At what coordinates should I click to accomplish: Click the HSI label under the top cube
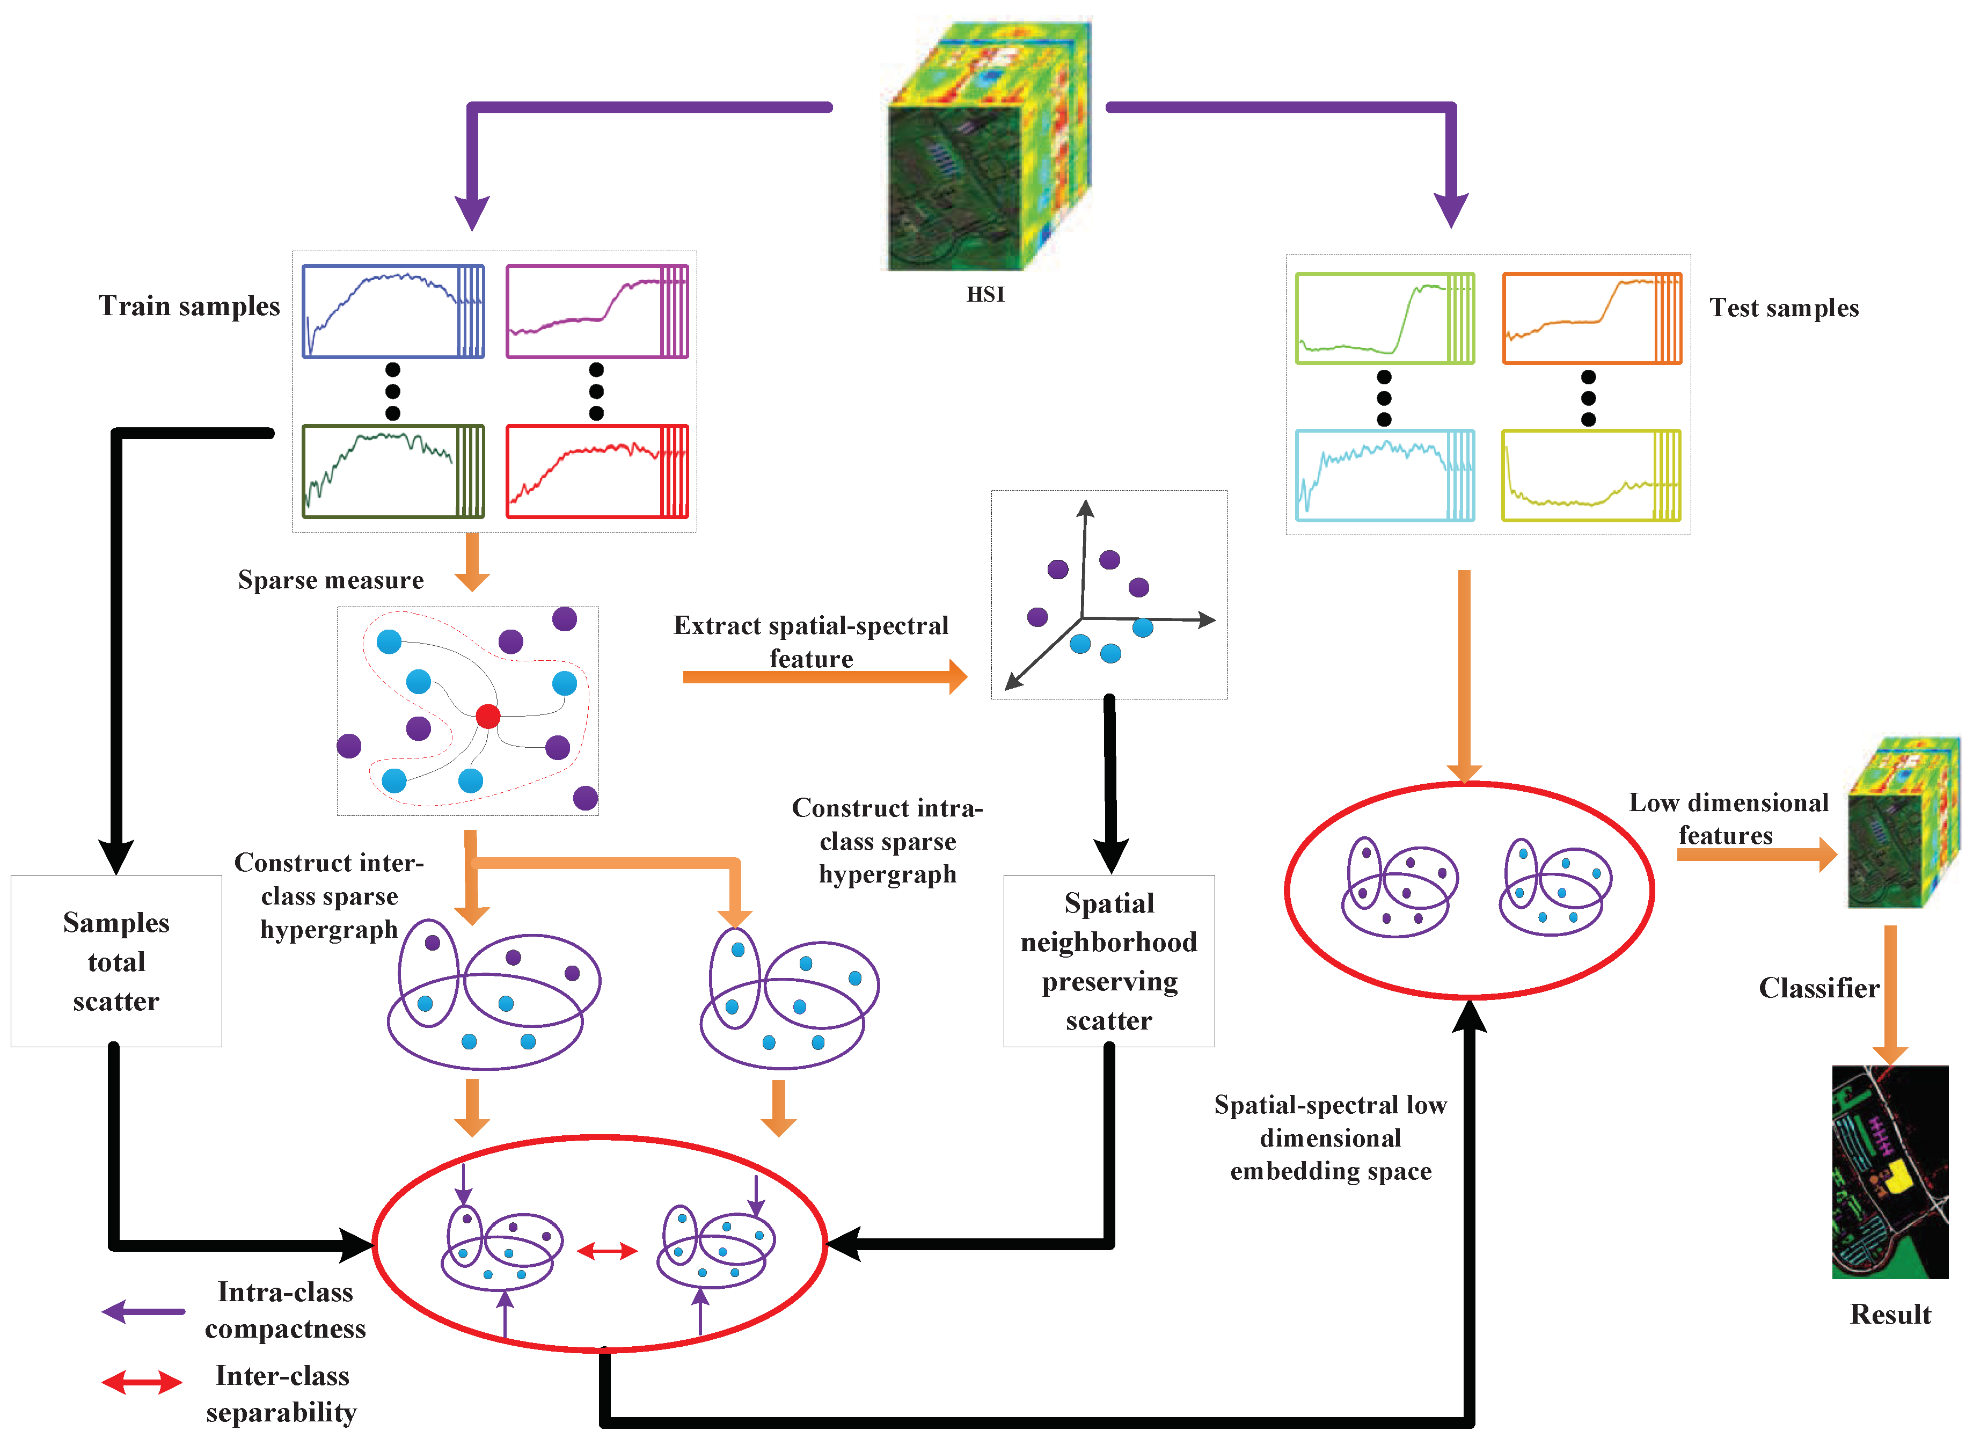[x=985, y=295]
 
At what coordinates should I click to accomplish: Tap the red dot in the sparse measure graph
[x=487, y=717]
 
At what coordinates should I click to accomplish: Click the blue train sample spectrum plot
[x=393, y=311]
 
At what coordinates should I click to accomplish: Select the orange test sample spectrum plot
[x=1591, y=318]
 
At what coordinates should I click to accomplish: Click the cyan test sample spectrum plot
[x=1384, y=475]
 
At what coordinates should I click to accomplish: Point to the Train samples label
[x=189, y=306]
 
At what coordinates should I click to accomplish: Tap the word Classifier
[x=1818, y=988]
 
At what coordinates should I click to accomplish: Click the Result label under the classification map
[x=1889, y=1314]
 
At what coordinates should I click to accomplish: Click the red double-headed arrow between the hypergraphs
[x=607, y=1251]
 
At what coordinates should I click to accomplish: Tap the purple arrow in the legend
[x=143, y=1311]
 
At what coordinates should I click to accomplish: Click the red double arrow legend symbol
[x=142, y=1382]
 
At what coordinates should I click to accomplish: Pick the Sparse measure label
[x=331, y=580]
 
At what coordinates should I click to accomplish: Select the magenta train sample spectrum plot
[x=596, y=311]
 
